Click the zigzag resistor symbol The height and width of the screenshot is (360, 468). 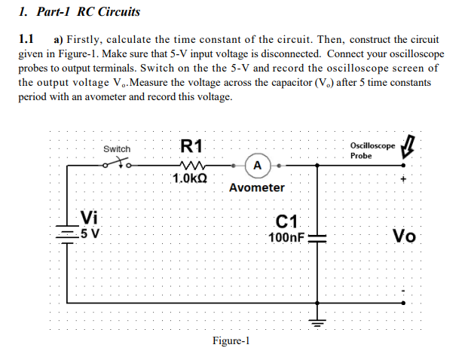coord(190,163)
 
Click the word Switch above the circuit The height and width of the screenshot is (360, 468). coord(117,149)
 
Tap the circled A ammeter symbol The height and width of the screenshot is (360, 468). coord(258,164)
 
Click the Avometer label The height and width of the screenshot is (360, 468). coord(257,188)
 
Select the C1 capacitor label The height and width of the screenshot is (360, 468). coord(288,221)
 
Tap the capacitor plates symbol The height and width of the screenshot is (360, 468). coord(317,237)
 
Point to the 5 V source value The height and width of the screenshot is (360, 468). coord(90,232)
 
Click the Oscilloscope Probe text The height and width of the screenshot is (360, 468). coord(372,150)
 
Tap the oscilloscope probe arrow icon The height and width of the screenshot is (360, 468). coord(410,145)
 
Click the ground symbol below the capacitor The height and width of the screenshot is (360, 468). coord(317,322)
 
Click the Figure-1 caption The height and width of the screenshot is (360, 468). coord(231,341)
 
